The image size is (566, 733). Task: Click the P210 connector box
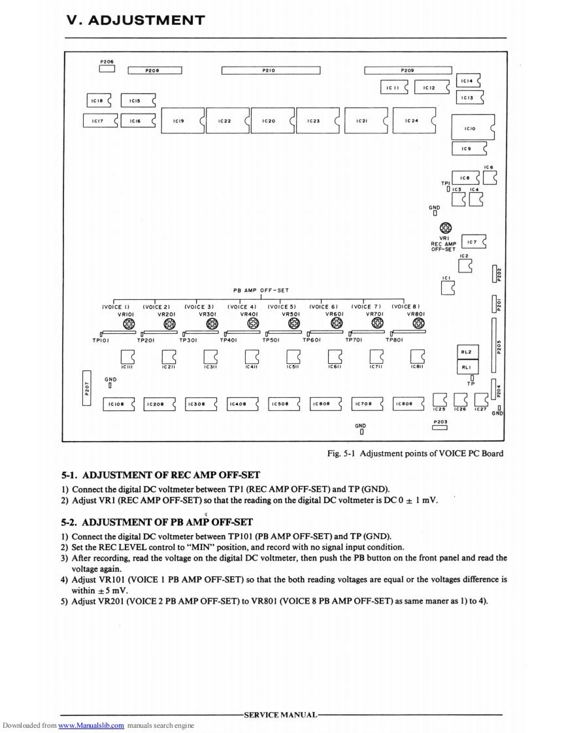[x=271, y=71]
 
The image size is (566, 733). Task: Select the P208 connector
[x=154, y=71]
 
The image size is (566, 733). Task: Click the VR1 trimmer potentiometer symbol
[x=446, y=228]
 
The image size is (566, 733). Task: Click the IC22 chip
[x=225, y=121]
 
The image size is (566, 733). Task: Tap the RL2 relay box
[x=467, y=351]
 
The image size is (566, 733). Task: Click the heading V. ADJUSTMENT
[x=135, y=20]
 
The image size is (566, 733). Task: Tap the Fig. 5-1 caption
[x=415, y=453]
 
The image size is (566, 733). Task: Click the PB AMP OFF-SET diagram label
[x=261, y=290]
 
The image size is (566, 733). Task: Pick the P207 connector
[x=87, y=388]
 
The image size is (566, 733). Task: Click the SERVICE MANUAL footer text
[x=280, y=715]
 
